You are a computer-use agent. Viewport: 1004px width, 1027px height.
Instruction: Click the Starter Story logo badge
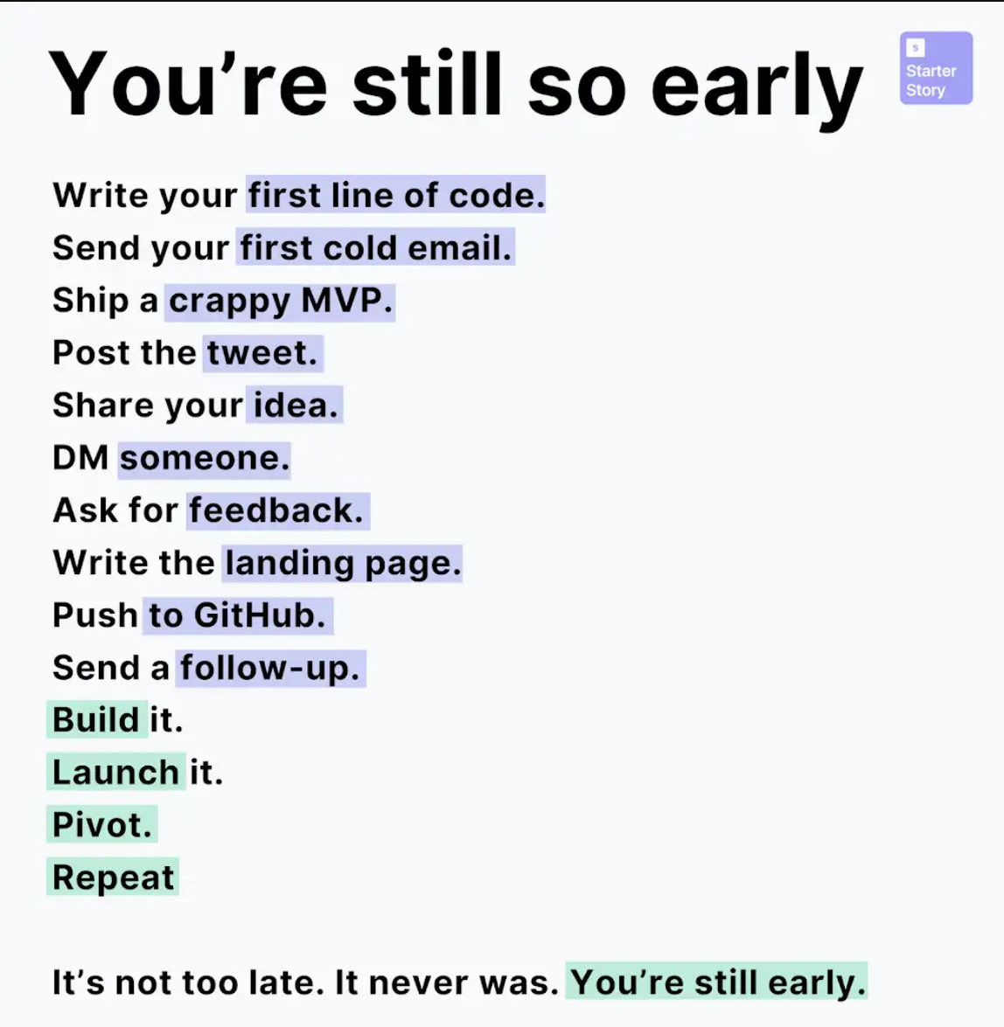pos(936,68)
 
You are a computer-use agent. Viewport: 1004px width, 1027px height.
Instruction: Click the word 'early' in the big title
pos(756,87)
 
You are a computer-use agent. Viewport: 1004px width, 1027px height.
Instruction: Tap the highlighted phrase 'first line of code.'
pos(395,195)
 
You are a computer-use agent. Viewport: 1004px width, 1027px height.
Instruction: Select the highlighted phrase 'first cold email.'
pos(376,247)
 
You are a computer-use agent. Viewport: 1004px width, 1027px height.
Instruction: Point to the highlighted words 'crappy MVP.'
pos(281,301)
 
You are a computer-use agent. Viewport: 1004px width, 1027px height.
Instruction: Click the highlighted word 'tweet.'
pos(262,353)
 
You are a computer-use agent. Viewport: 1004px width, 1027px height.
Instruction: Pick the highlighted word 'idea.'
pos(295,406)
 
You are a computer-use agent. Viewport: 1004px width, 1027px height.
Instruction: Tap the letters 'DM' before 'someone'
pos(80,458)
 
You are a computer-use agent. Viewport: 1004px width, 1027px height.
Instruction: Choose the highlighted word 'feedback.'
pos(276,510)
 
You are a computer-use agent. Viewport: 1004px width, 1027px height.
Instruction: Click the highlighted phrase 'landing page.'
pos(342,563)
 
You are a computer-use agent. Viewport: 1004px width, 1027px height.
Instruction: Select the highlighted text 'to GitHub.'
pos(236,615)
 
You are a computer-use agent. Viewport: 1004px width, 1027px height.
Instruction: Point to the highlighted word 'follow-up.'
pos(270,668)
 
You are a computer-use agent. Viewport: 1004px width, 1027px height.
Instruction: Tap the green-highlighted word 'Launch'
pos(115,773)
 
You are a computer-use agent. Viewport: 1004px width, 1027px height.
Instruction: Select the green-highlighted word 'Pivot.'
pos(101,825)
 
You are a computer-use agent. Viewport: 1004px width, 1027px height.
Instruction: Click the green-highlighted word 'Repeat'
pos(113,878)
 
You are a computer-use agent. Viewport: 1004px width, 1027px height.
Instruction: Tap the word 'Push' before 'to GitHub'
pos(94,615)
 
